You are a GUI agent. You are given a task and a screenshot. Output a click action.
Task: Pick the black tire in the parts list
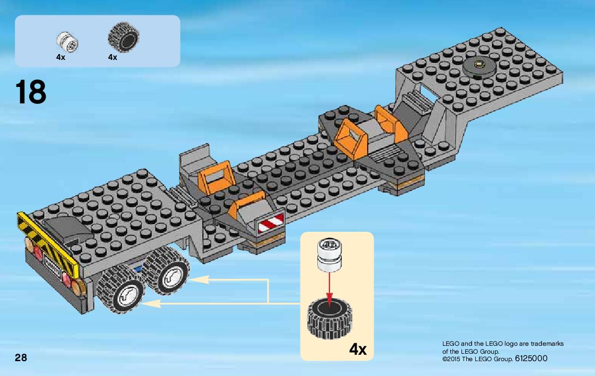point(123,38)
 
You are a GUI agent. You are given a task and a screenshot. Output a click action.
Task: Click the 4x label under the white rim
point(60,57)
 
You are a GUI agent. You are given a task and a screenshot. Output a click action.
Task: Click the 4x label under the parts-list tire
point(112,57)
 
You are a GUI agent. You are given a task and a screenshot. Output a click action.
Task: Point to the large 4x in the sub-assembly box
point(358,349)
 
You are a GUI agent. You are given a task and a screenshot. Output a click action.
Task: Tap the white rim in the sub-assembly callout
point(330,253)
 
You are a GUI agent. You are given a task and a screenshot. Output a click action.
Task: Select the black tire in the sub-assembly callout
point(330,319)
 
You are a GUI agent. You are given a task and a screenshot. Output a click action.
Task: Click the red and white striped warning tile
point(270,225)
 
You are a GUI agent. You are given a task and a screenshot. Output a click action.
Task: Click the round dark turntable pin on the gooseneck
point(478,66)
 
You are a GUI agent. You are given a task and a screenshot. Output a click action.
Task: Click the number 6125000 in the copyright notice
point(531,359)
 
